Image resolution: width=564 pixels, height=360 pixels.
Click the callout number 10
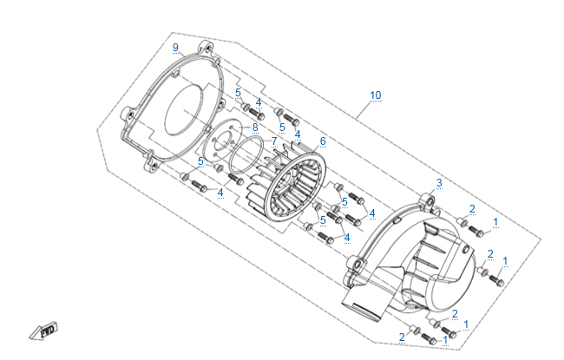pyautogui.click(x=375, y=95)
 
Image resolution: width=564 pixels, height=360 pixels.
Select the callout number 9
pyautogui.click(x=175, y=47)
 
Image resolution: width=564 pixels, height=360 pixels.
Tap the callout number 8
pyautogui.click(x=254, y=128)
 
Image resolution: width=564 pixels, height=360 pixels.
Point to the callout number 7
pyautogui.click(x=274, y=140)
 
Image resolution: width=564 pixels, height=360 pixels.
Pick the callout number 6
pyautogui.click(x=323, y=141)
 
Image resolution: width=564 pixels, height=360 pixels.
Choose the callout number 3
pyautogui.click(x=439, y=182)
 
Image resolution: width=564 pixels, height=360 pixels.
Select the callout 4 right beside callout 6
pyautogui.click(x=298, y=134)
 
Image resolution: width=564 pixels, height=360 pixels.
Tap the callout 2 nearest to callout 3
pyautogui.click(x=471, y=209)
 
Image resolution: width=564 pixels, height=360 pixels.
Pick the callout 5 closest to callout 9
pyautogui.click(x=238, y=93)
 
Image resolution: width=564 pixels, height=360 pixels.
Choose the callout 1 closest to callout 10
pyautogui.click(x=495, y=222)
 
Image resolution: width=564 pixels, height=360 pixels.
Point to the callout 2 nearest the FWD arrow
pyautogui.click(x=402, y=337)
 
